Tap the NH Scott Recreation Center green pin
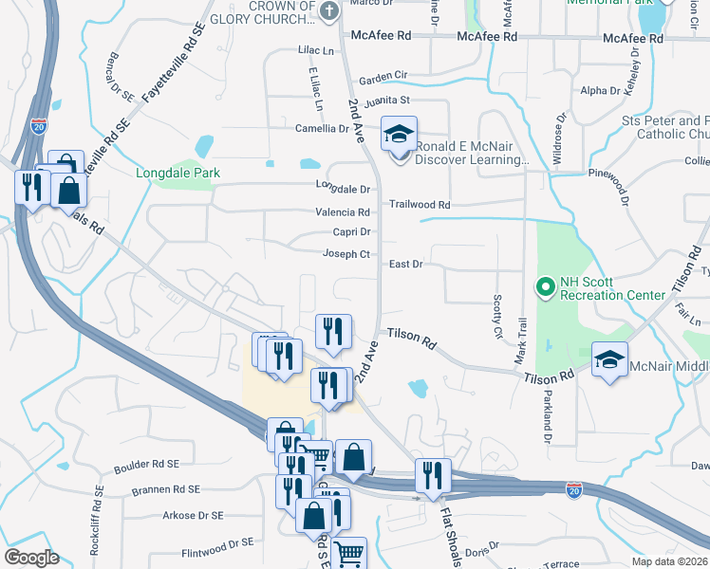546,285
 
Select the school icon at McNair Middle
609,359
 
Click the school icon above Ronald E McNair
400,134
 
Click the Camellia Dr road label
321,128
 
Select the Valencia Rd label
343,212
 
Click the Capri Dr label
350,231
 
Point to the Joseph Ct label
346,254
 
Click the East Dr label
405,264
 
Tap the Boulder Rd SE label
146,465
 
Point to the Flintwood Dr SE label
217,544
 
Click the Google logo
31,558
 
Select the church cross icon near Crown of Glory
328,11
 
